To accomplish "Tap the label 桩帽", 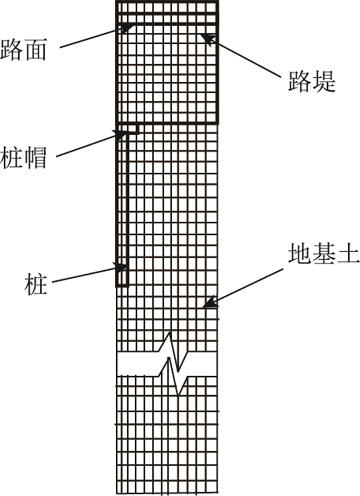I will coord(24,156).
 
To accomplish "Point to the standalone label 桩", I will coord(35,284).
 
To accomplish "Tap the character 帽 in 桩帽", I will coord(35,156).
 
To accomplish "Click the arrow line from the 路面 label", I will coord(93,38).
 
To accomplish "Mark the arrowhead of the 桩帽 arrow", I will coord(121,135).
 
